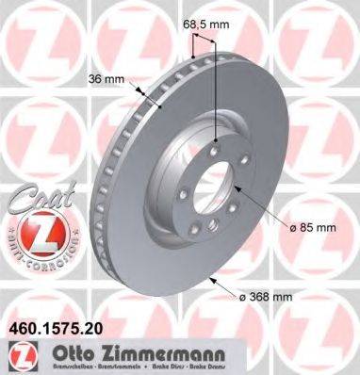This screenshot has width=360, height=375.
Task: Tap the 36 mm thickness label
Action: pos(107,80)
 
